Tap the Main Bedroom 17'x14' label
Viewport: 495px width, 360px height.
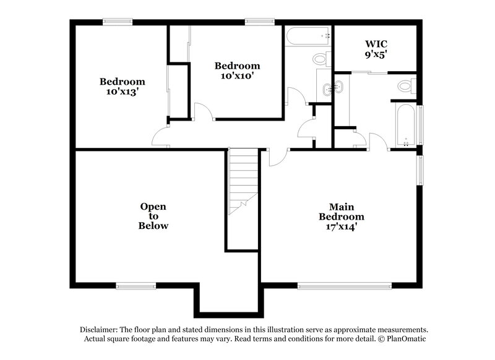point(341,216)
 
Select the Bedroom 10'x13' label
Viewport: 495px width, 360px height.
point(123,87)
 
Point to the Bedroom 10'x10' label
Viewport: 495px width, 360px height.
point(237,71)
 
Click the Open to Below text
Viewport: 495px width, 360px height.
point(153,216)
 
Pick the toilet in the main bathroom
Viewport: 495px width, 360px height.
point(406,86)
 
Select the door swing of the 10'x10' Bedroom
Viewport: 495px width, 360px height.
point(203,111)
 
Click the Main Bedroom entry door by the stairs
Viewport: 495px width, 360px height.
point(277,157)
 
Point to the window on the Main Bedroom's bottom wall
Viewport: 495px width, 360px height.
point(344,286)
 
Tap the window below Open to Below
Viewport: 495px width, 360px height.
point(136,286)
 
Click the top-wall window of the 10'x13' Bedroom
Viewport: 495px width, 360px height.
point(117,22)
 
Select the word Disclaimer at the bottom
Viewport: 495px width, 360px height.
point(98,330)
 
